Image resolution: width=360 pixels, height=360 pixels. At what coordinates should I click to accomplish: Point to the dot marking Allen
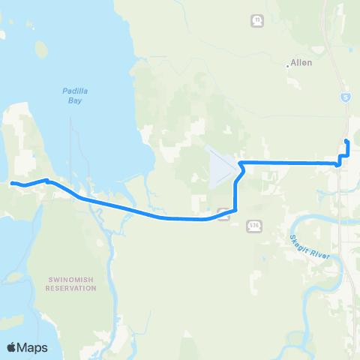click(288, 65)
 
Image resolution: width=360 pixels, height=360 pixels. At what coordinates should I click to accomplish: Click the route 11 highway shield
click(258, 20)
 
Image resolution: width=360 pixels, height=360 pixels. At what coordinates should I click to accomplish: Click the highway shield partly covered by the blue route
click(223, 211)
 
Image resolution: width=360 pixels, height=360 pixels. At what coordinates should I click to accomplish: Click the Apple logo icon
click(13, 347)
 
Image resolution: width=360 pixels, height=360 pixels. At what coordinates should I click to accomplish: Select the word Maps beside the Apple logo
click(34, 347)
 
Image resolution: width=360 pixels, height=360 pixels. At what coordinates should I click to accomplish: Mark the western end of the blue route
click(12, 182)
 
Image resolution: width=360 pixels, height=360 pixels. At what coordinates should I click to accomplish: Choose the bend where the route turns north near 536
click(235, 210)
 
